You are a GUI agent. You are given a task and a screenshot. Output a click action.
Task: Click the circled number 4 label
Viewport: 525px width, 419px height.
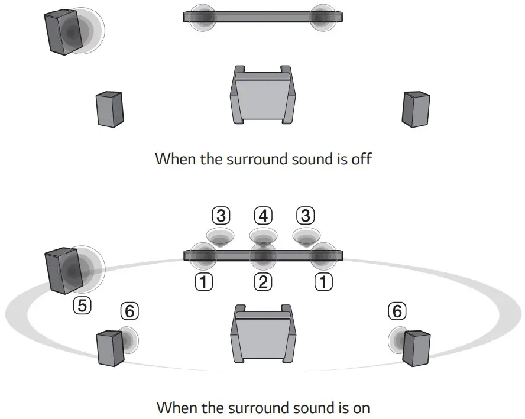click(262, 215)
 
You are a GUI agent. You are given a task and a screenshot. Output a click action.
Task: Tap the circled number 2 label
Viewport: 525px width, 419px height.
click(262, 282)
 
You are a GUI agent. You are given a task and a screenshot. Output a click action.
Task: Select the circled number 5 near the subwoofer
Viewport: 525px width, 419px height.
click(82, 305)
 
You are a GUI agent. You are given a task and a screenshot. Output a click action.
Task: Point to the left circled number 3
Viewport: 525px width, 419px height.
click(221, 215)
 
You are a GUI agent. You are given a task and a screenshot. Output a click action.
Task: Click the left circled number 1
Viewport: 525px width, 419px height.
click(203, 282)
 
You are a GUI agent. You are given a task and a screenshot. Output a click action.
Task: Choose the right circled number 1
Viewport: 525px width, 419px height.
click(322, 282)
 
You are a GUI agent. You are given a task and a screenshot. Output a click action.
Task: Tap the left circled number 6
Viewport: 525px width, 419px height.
click(130, 310)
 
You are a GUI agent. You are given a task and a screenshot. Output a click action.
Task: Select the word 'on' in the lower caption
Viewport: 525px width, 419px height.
click(359, 408)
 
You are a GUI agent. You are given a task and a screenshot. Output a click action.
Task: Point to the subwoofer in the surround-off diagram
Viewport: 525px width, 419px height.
click(62, 33)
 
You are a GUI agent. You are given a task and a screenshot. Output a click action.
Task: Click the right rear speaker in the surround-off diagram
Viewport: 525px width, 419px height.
click(416, 109)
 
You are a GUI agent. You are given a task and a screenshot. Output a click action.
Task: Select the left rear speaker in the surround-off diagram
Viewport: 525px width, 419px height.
click(110, 109)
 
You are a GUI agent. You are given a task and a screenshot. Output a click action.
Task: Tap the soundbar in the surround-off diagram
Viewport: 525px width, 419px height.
click(262, 17)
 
